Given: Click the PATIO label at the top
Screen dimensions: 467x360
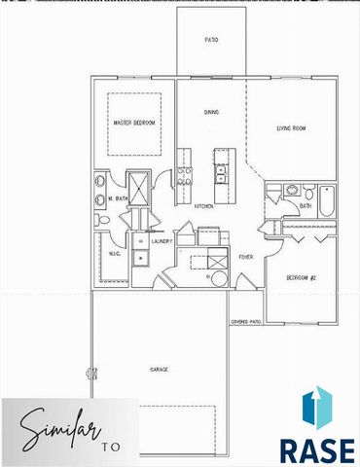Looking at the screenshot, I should pyautogui.click(x=211, y=42).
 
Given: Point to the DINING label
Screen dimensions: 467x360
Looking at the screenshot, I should pyautogui.click(x=210, y=112).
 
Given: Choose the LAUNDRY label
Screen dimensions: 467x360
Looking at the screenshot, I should pyautogui.click(x=162, y=239).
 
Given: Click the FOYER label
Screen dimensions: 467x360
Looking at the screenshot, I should pyautogui.click(x=247, y=257).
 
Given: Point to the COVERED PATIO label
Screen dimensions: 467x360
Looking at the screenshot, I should pyautogui.click(x=247, y=320).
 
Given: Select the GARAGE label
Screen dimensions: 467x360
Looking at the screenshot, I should pyautogui.click(x=159, y=370).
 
